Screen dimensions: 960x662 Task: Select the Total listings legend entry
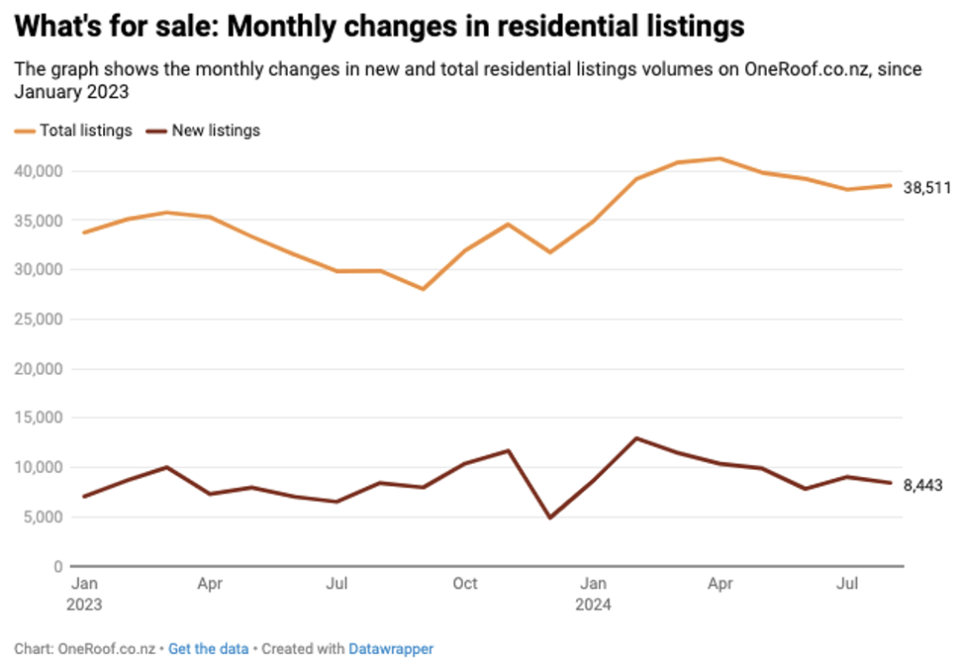74,131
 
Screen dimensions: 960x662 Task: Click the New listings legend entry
204,131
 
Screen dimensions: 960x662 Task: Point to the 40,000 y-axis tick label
38,171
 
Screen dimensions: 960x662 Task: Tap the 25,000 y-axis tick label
38,319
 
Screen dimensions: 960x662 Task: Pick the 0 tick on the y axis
58,567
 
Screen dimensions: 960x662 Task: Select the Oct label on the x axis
465,584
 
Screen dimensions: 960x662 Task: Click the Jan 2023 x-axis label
84,594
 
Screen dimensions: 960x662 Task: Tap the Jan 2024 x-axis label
593,594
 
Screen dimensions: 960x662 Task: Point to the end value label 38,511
927,187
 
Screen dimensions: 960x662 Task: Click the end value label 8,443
923,485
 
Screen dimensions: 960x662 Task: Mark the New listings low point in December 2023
550,518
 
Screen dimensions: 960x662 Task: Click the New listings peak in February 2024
636,438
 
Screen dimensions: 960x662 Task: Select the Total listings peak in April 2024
720,158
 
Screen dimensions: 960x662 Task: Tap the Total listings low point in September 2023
423,289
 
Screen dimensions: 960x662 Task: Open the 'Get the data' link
208,649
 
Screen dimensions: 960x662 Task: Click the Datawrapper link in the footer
390,649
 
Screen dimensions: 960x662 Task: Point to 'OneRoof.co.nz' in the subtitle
806,69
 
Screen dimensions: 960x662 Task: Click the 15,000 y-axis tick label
38,418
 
